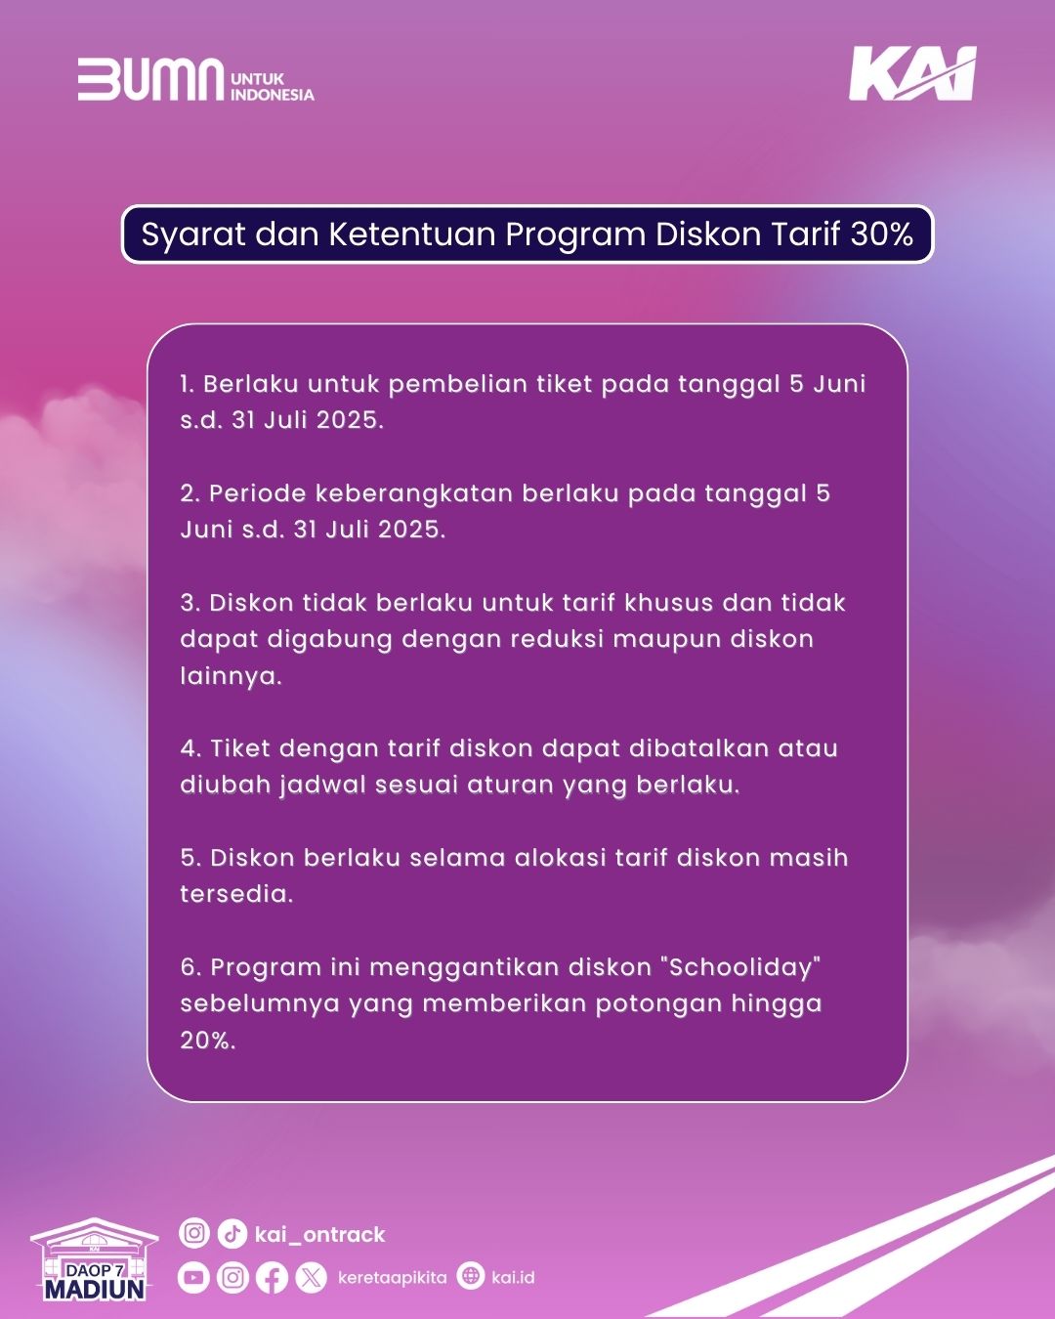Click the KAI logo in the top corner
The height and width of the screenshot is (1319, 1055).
click(x=912, y=73)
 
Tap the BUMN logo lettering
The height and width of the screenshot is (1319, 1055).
click(x=150, y=79)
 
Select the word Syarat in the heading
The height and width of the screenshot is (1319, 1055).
click(x=193, y=235)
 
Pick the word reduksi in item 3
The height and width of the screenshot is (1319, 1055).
click(x=557, y=639)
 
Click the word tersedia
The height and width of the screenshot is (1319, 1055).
click(x=236, y=894)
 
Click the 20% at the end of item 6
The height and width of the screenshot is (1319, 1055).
click(x=208, y=1041)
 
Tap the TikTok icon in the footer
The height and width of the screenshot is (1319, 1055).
click(x=232, y=1233)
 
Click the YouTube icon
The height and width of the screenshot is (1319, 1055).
click(x=193, y=1277)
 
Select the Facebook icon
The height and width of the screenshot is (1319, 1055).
click(x=273, y=1278)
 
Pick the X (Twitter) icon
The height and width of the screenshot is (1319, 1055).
click(x=312, y=1278)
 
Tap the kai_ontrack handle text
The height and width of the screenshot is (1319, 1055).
click(x=320, y=1234)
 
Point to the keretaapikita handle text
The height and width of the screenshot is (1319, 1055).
click(x=393, y=1277)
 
